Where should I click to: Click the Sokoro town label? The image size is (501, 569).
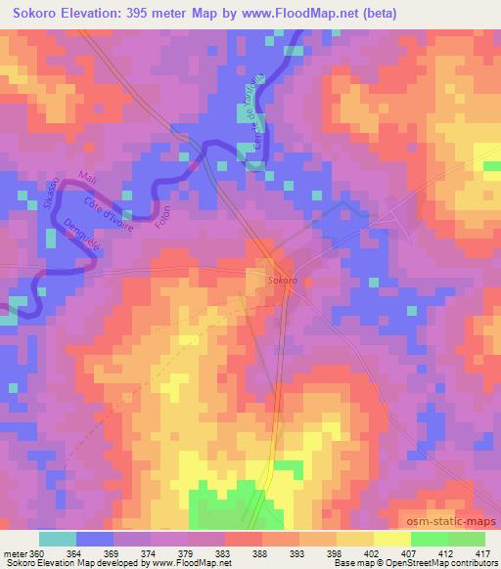click(275, 281)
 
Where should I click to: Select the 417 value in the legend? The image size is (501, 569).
click(481, 553)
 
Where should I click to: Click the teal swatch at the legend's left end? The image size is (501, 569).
click(58, 539)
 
